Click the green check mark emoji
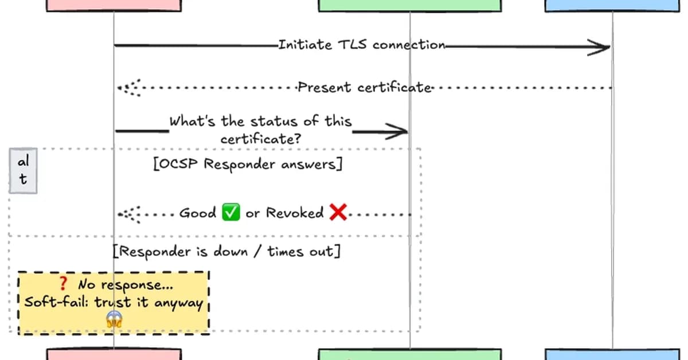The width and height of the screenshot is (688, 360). [x=230, y=213]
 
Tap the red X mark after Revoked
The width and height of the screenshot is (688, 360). [x=338, y=213]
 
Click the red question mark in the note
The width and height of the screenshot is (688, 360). [x=64, y=283]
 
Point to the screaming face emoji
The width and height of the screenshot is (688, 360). [x=115, y=319]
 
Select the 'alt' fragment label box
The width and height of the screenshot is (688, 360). [x=23, y=171]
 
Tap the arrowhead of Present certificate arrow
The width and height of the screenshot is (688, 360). [x=128, y=88]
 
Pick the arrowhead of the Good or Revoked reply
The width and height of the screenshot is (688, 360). [x=128, y=214]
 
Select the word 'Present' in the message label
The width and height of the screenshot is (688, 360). [x=325, y=88]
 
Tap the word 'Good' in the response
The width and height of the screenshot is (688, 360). [x=198, y=213]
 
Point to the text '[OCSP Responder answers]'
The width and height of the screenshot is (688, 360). [x=248, y=165]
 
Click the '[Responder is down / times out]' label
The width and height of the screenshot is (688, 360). [x=226, y=251]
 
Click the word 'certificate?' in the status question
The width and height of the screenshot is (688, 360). [x=261, y=139]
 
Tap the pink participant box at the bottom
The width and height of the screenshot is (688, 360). [x=114, y=354]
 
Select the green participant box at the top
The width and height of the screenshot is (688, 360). [x=409, y=5]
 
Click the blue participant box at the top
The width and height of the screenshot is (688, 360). [x=612, y=5]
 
